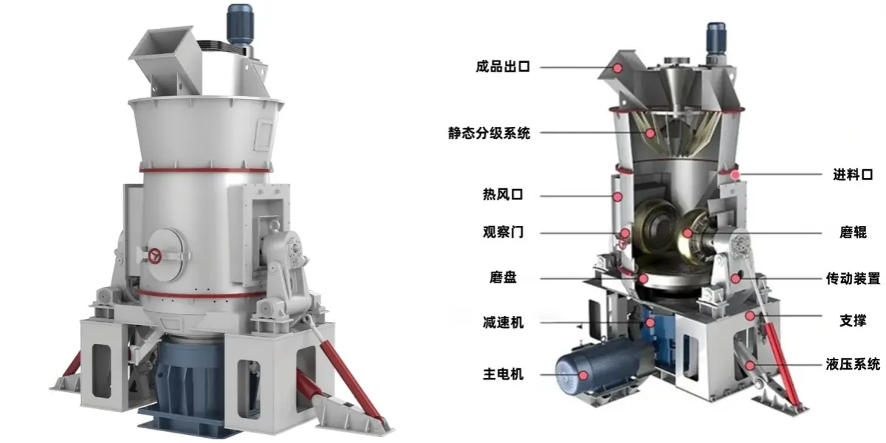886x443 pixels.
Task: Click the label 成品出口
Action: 502,66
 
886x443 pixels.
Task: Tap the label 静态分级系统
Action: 489,133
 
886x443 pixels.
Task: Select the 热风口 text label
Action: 503,195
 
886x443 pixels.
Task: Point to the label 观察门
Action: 503,232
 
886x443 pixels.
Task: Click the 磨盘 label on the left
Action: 503,278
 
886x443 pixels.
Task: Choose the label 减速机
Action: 503,323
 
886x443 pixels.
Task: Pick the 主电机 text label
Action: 503,374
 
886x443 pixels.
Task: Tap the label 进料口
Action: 853,174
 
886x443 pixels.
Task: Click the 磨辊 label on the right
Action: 853,232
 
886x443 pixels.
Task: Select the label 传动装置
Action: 853,278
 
